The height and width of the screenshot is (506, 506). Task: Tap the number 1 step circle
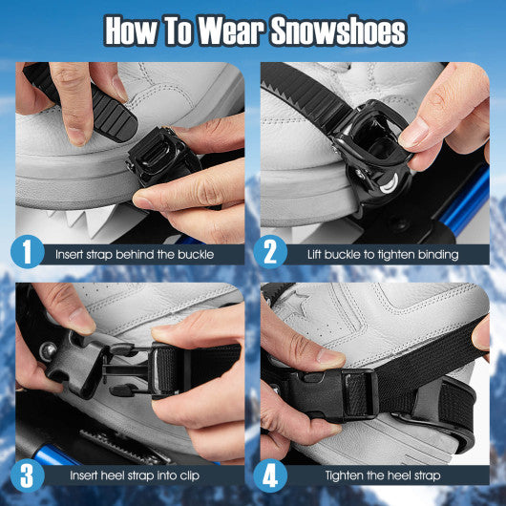click(x=29, y=252)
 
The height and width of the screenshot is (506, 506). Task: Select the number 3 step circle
click(x=29, y=474)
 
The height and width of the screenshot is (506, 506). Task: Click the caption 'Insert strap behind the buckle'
click(x=134, y=254)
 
